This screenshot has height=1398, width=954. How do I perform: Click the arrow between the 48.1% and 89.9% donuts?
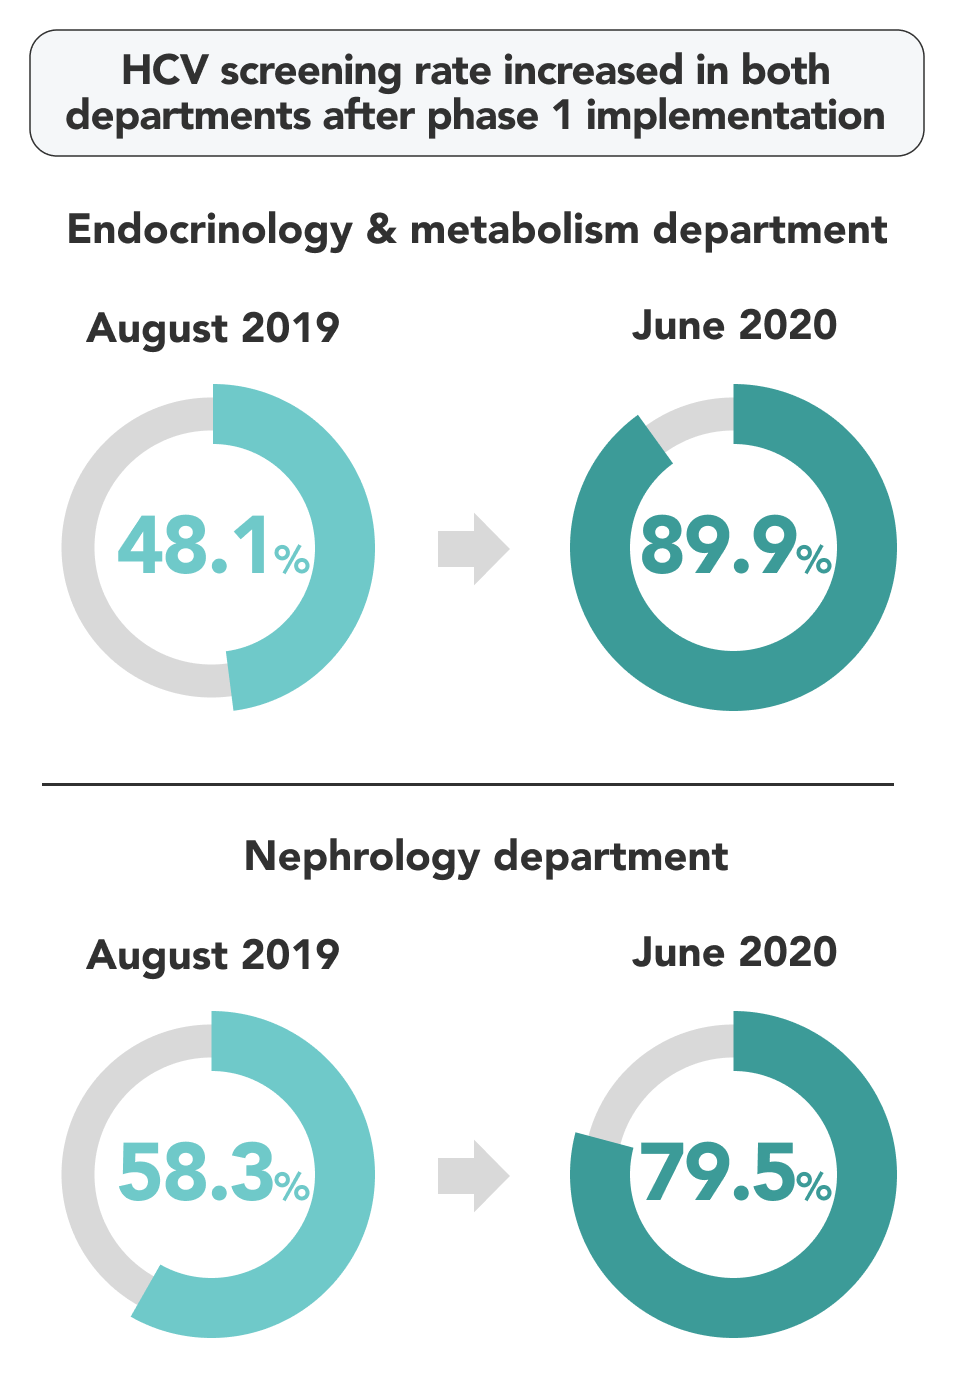tap(473, 549)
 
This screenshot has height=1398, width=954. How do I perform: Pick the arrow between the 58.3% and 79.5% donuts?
tap(473, 1176)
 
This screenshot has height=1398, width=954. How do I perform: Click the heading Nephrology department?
tap(486, 857)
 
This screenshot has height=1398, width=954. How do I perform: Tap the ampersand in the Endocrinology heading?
tap(381, 230)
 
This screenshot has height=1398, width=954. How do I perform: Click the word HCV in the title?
tap(164, 71)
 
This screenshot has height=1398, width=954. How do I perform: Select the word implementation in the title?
tap(735, 116)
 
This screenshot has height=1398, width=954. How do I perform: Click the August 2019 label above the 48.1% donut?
tap(213, 328)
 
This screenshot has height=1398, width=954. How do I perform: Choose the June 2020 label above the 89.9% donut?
tap(734, 326)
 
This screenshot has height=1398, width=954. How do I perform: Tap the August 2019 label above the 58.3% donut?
tap(213, 955)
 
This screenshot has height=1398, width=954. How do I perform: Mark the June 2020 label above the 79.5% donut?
tap(734, 952)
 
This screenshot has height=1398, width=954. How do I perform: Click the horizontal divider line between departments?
tap(467, 785)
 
